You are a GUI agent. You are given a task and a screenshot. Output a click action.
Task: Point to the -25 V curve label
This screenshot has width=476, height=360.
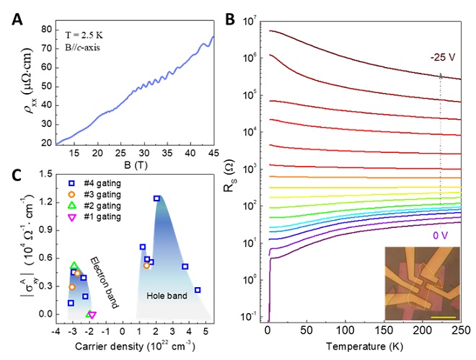[442, 57]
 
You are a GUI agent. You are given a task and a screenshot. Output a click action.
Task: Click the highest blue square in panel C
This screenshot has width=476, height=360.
[157, 198]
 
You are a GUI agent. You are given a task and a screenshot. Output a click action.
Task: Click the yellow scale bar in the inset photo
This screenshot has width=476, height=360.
[444, 316]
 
